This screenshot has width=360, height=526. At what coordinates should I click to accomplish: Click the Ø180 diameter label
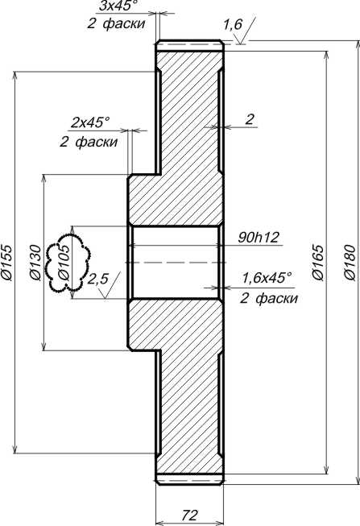[350, 263]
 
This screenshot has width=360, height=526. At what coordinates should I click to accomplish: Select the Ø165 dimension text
[318, 263]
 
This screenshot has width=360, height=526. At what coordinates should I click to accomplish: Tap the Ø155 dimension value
[6, 263]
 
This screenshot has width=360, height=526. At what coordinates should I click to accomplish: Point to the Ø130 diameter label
[35, 263]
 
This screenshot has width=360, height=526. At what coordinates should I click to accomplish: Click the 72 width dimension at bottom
[190, 514]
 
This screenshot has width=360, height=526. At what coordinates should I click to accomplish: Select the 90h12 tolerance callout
[259, 238]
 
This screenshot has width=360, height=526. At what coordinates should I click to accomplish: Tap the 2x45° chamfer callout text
[90, 122]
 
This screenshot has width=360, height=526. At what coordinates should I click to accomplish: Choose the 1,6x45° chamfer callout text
[267, 278]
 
